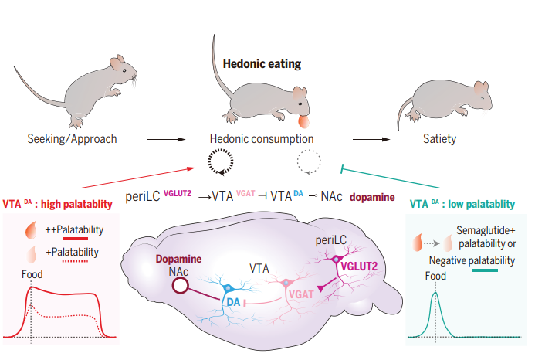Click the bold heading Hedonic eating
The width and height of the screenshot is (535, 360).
(x=262, y=64)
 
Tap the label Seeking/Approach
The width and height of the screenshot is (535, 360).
(x=72, y=139)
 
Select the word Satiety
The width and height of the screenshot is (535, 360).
(x=439, y=139)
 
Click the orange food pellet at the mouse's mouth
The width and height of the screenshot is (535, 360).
(x=303, y=122)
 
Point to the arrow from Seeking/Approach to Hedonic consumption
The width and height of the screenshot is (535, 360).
(x=166, y=139)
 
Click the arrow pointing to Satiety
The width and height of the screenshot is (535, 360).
(x=371, y=139)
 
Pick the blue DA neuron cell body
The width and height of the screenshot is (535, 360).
(x=228, y=289)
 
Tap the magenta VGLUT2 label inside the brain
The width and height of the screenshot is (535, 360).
(x=359, y=266)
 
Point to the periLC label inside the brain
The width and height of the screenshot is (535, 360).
(x=331, y=240)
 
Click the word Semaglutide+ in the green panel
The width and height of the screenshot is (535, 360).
(x=486, y=230)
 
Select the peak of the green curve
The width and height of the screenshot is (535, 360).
(x=435, y=293)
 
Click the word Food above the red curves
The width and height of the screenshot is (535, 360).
(x=32, y=274)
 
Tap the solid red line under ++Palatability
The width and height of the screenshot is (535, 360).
(x=75, y=239)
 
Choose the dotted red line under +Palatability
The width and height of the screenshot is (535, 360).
(x=75, y=261)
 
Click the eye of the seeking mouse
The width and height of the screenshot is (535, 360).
(x=124, y=71)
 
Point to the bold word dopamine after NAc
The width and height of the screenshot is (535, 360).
(x=372, y=198)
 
